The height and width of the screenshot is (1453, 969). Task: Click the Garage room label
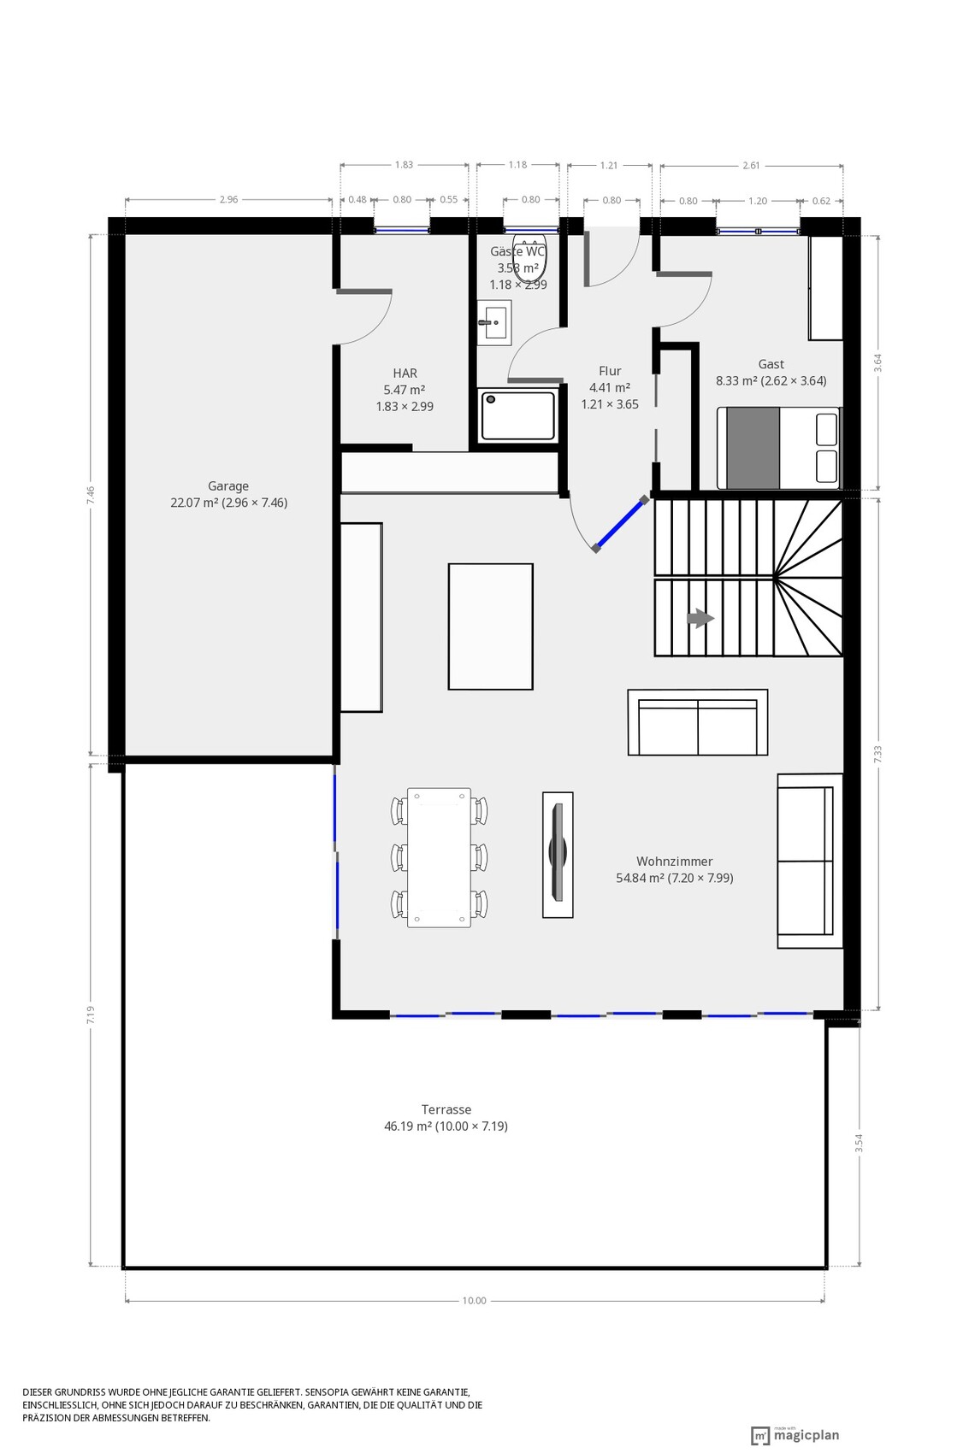(x=227, y=485)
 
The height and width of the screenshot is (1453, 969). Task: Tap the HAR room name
(x=405, y=373)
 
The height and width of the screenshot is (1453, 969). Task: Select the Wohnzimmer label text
(x=674, y=862)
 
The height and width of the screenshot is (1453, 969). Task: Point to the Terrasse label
(x=446, y=1109)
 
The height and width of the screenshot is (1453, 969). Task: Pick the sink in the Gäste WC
(x=494, y=321)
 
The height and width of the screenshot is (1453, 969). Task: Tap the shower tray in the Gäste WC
(x=518, y=415)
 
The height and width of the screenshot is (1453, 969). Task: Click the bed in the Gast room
(x=779, y=448)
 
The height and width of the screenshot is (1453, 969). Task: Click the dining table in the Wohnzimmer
(x=439, y=857)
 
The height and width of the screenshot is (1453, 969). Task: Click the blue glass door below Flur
(x=620, y=525)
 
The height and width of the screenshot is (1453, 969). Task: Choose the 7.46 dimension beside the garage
(x=91, y=496)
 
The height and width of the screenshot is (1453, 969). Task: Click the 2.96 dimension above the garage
(x=228, y=199)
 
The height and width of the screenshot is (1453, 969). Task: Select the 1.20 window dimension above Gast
(x=758, y=201)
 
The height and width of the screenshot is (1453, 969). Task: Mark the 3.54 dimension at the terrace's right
(x=859, y=1143)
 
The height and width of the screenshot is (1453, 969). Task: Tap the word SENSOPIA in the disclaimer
(x=331, y=1392)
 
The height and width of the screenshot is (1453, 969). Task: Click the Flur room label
(x=610, y=371)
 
